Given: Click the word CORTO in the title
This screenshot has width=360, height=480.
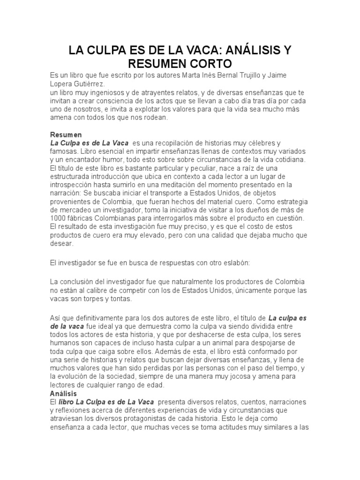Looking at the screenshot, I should click(x=207, y=63).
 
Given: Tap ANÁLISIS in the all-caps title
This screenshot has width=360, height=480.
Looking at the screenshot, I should click(x=248, y=49).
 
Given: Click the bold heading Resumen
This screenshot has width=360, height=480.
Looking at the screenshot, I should click(x=66, y=135).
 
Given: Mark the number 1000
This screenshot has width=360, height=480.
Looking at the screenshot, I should click(x=58, y=218).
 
